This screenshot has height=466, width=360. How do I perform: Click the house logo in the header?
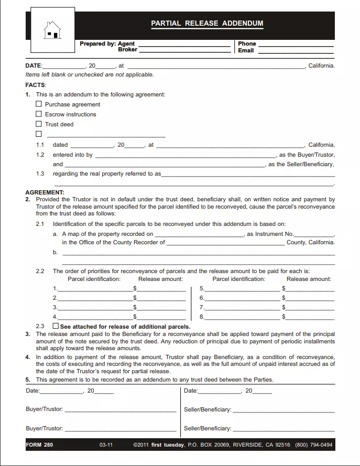52,30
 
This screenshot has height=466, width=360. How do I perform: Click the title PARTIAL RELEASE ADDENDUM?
207,24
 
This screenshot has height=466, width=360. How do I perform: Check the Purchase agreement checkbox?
39,104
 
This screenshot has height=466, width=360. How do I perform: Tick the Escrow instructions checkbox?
39,114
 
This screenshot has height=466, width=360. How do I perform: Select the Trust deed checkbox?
39,124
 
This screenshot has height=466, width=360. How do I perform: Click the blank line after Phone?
296,44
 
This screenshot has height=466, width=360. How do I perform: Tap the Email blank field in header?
296,51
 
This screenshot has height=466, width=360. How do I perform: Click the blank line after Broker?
184,50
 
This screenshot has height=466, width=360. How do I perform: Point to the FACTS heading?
36,85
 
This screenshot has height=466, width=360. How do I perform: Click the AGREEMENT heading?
45,192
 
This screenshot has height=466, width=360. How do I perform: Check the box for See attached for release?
56,326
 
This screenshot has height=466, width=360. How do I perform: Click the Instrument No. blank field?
314,234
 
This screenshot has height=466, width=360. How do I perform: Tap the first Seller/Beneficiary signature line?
283,409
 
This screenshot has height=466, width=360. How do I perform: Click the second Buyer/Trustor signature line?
120,428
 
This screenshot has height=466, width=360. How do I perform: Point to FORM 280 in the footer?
39,445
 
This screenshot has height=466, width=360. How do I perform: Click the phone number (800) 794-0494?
313,445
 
